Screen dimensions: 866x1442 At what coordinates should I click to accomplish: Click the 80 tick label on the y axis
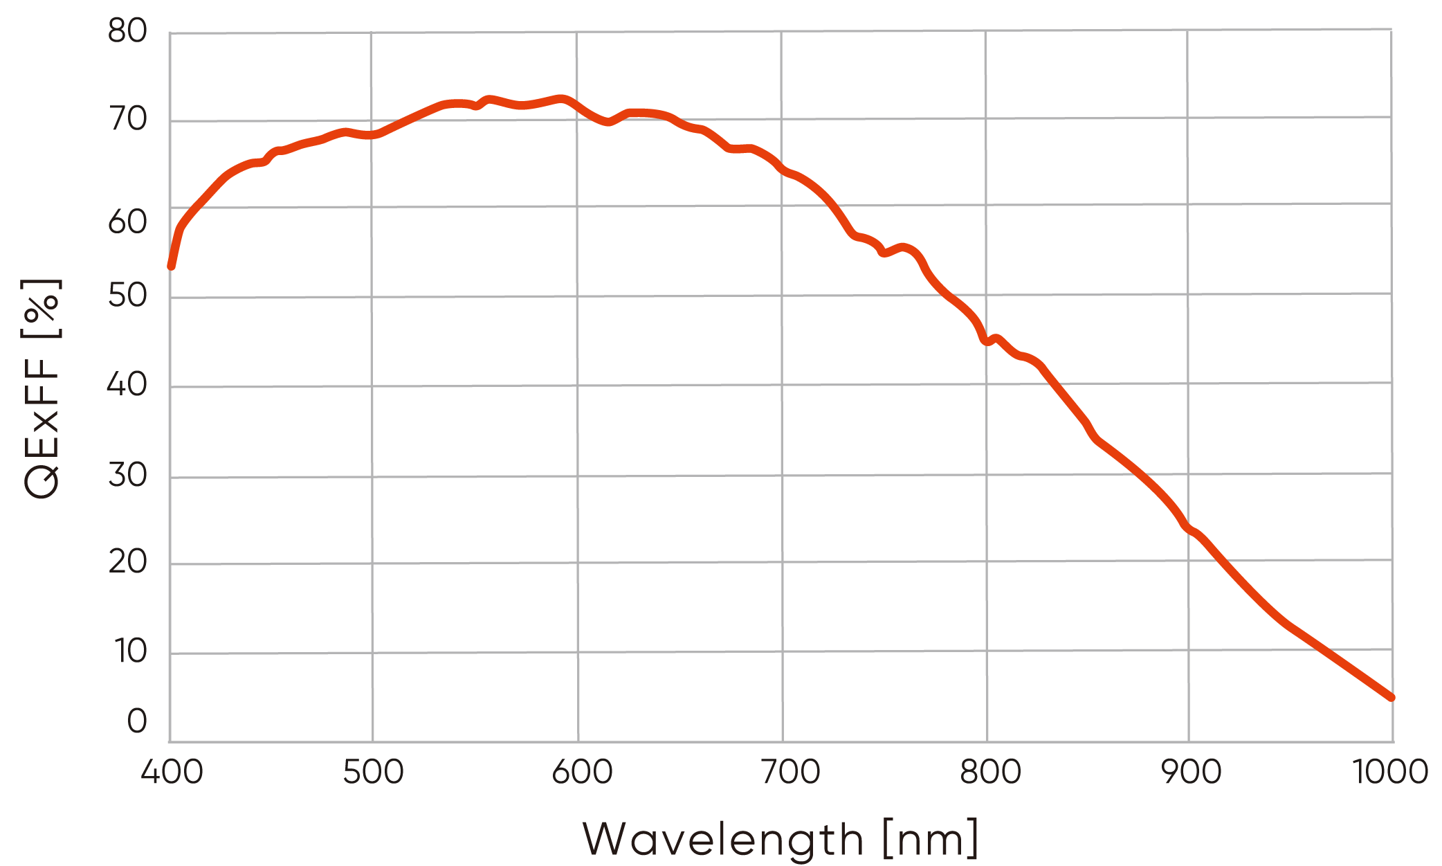128,32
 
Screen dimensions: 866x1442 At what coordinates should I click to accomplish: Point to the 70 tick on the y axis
128,120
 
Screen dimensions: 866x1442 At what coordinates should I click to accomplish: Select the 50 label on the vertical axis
128,296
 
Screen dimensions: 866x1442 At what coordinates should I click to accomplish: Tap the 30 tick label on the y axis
128,476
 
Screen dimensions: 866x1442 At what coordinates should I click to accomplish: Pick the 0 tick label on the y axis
137,721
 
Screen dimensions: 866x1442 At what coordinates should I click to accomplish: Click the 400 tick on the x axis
172,772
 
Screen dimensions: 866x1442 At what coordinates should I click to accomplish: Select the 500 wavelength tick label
374,772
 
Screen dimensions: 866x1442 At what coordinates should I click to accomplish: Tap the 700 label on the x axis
790,772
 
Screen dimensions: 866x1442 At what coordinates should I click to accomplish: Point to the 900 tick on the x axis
1192,772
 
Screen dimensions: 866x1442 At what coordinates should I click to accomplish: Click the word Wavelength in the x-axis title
723,840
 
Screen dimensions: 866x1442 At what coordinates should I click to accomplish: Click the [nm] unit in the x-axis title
931,840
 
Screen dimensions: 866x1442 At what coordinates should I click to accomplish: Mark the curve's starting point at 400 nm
171,266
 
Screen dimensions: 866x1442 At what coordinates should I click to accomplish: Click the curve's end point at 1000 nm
1391,697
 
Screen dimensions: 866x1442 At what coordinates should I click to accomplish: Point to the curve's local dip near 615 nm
608,123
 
